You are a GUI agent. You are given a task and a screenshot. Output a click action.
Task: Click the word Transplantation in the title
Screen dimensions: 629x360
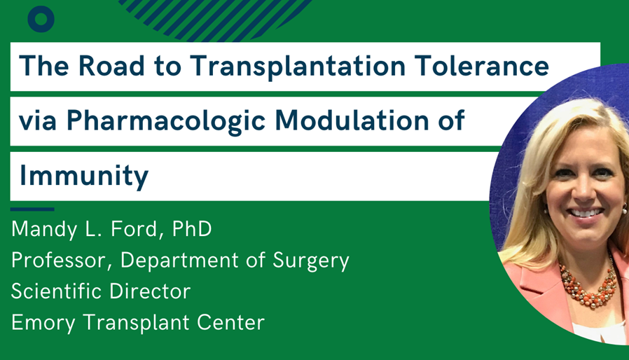[x=298, y=67]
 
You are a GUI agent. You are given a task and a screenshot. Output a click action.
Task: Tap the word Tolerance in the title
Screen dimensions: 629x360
[x=482, y=66]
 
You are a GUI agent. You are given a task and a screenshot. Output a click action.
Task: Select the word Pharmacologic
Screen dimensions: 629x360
[x=166, y=120]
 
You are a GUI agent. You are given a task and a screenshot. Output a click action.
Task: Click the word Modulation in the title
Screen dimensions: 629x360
[x=352, y=120]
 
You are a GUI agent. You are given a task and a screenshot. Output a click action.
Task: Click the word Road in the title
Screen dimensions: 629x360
[x=111, y=66]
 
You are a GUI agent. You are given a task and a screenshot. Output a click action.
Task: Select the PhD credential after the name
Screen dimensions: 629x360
[x=192, y=229]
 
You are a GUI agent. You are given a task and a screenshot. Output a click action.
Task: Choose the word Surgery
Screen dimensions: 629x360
[x=311, y=261]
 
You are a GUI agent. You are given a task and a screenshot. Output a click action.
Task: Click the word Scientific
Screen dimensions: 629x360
[x=56, y=291]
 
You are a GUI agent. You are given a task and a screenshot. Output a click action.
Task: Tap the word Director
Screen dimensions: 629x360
[x=150, y=291]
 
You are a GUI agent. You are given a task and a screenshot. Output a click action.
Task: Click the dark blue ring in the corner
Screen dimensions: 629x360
[x=41, y=19]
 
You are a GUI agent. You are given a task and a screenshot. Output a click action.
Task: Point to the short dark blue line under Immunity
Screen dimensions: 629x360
[x=32, y=209]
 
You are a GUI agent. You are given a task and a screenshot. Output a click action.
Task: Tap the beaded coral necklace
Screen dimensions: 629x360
[x=589, y=288]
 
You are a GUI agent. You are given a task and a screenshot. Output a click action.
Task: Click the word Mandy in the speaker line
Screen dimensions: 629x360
[x=44, y=230]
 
